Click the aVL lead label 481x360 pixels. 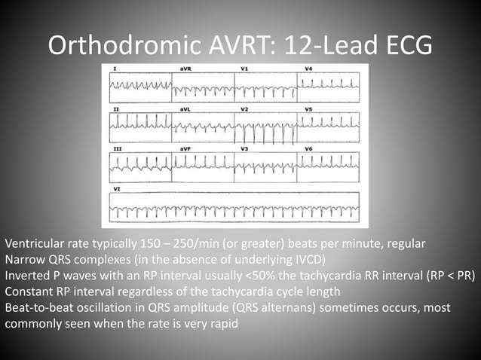[185, 110]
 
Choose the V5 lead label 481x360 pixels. [309, 110]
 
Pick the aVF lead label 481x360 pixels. [185, 149]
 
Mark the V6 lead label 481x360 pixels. [309, 149]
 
